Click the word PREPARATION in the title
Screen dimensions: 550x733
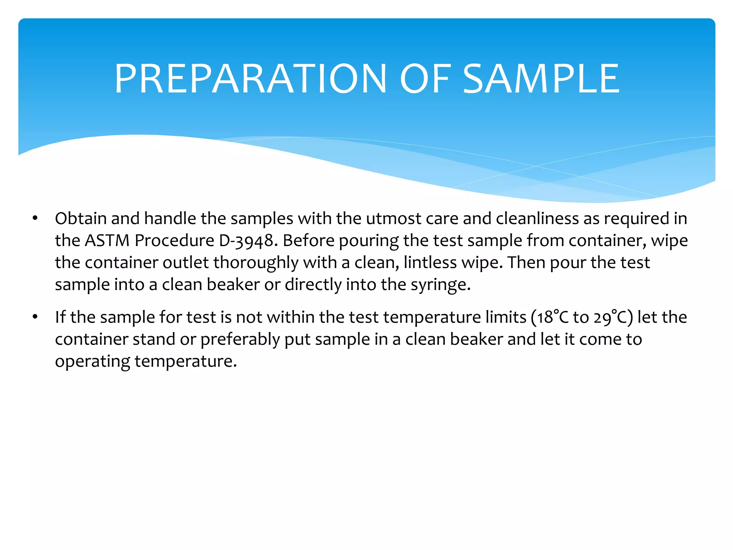[250, 79]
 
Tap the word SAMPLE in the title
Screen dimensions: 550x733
[541, 79]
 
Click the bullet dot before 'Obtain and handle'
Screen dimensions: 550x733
[35, 218]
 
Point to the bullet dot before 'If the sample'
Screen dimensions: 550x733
[35, 317]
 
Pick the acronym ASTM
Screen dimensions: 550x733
[107, 240]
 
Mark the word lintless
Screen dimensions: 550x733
[430, 262]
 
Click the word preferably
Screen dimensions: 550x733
[240, 339]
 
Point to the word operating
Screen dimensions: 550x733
[92, 362]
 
